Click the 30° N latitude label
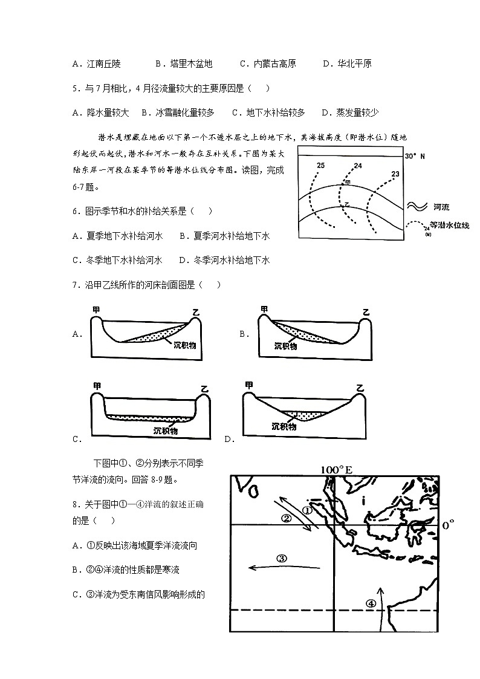[415, 156]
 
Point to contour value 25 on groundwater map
[320, 165]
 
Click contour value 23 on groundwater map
[395, 174]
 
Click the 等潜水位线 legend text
[449, 225]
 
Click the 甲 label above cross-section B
[264, 310]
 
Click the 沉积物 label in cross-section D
[284, 426]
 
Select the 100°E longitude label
[336, 470]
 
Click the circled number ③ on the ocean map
[281, 558]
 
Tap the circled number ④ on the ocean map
[370, 603]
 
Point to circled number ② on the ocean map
[287, 518]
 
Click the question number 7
[76, 285]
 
